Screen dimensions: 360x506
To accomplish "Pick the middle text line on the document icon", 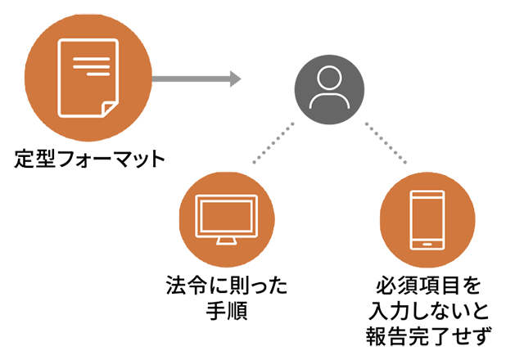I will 91,66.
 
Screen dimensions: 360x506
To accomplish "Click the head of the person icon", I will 328,79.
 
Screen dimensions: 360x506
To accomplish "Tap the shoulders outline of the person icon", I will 328,100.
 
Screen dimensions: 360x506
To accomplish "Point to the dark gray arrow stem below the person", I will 326,147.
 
